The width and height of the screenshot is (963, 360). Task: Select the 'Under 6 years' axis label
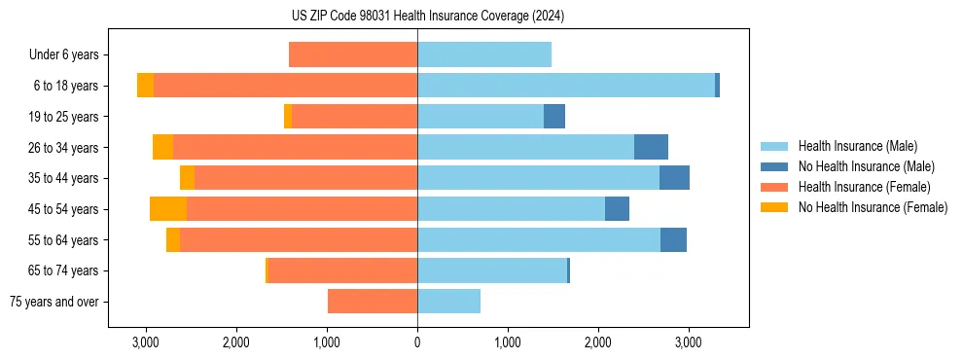(69, 55)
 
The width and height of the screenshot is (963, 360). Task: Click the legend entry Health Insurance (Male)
(857, 146)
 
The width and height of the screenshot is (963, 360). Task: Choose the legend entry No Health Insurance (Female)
(873, 207)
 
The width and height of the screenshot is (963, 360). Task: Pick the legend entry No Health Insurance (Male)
(866, 166)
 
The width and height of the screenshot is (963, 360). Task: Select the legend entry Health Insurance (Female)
(864, 187)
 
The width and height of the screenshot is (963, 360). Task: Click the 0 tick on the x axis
(417, 343)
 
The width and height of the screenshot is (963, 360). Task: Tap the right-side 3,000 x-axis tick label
(688, 343)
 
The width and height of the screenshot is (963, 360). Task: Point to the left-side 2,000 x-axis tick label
(236, 343)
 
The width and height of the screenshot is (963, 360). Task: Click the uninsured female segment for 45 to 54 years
(168, 209)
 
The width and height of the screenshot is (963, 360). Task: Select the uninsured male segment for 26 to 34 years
(651, 147)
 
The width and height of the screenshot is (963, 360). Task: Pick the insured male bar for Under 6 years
(484, 55)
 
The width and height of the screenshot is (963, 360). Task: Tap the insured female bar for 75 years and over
(373, 302)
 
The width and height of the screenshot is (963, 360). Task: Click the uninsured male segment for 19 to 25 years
(554, 117)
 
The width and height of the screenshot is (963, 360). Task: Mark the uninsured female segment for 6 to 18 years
(145, 86)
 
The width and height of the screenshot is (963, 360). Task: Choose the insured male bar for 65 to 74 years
(492, 270)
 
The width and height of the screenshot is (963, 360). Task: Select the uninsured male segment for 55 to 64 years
(673, 240)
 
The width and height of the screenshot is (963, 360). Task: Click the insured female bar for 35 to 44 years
(305, 178)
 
